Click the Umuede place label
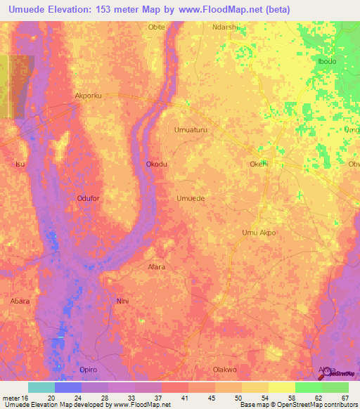(191, 199)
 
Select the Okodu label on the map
(156, 164)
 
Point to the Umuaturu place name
(191, 130)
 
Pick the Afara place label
(156, 267)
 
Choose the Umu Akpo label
(258, 233)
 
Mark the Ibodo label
(327, 62)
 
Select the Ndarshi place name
(225, 28)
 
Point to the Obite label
(156, 28)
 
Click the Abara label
(20, 301)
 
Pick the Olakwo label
(225, 370)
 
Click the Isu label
(19, 164)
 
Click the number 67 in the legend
(345, 398)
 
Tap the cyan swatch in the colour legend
(41, 387)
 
